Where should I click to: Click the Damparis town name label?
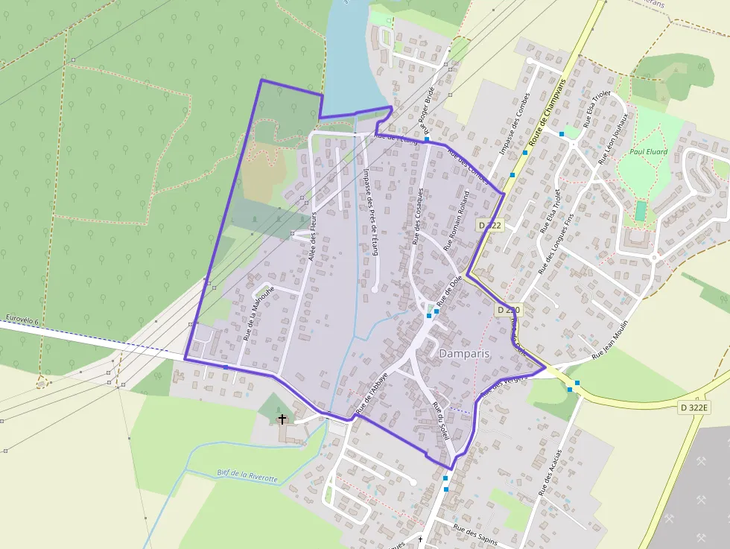tap(465, 353)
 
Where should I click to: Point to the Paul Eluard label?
tap(648, 152)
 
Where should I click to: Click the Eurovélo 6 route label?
tap(22, 318)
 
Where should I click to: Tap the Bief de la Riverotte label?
tap(247, 475)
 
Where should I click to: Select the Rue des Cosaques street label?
tap(418, 217)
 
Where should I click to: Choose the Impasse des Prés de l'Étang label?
tap(370, 212)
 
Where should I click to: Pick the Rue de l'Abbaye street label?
tap(372, 393)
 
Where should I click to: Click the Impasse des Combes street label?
tap(514, 124)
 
